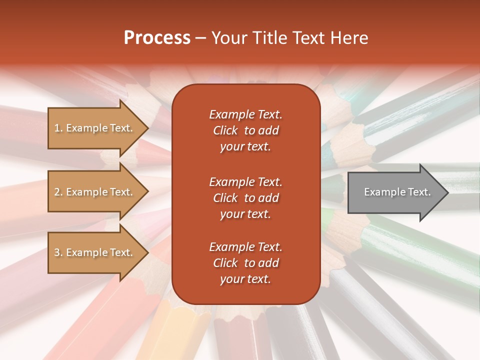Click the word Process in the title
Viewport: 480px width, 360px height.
point(157,38)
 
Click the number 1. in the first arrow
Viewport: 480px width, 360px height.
point(58,128)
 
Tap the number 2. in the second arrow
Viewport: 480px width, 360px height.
point(58,192)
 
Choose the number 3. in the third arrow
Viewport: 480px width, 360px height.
point(58,252)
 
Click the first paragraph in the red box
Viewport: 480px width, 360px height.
point(245,130)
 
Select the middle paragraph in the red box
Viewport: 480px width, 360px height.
point(245,198)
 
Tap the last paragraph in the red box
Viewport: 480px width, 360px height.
point(245,263)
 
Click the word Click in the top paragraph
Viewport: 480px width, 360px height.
point(225,130)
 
